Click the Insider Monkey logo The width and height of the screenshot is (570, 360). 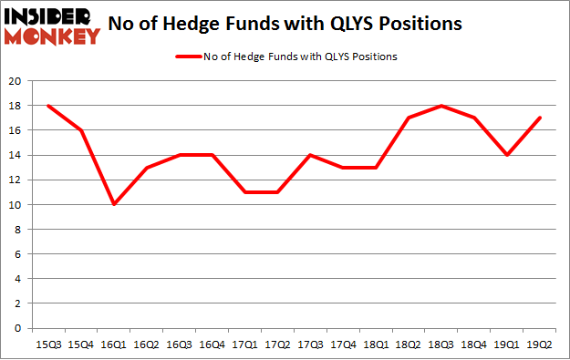[51, 26]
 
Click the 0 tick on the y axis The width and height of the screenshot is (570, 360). [17, 328]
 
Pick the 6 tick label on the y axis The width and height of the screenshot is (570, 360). [17, 254]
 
